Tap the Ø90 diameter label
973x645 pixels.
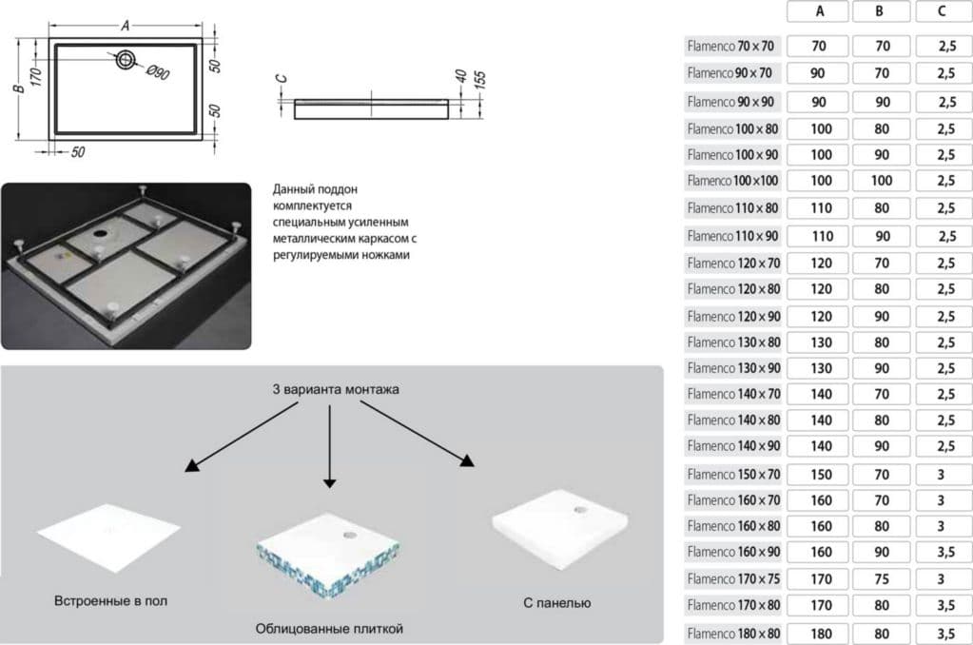[157, 74]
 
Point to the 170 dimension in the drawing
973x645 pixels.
[37, 77]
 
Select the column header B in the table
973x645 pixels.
[879, 12]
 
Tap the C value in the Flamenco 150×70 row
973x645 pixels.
[940, 474]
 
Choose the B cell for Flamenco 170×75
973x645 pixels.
[879, 578]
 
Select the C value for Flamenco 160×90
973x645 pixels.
[940, 552]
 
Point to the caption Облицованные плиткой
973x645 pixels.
[330, 629]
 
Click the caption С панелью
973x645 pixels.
[557, 603]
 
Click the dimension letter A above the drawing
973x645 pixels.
[125, 26]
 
